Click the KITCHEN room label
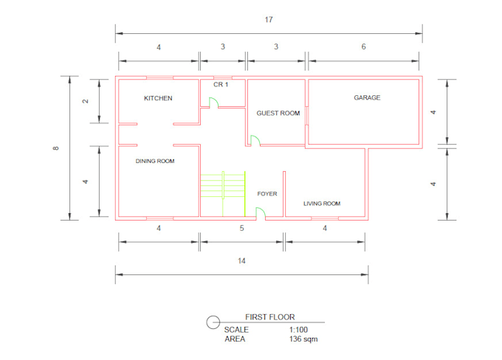click(x=158, y=98)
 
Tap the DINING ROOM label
click(x=155, y=161)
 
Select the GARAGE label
click(x=367, y=97)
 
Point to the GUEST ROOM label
click(x=278, y=113)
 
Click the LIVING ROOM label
click(x=322, y=204)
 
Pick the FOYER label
click(x=267, y=194)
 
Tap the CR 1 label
click(x=221, y=85)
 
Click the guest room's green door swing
click(x=255, y=139)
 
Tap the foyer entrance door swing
click(x=261, y=213)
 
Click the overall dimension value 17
click(x=269, y=19)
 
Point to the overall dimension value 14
click(x=241, y=261)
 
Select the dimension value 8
click(x=56, y=148)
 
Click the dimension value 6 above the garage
click(x=363, y=46)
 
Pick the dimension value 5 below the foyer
click(x=241, y=228)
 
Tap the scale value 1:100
click(x=298, y=329)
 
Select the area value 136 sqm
click(x=303, y=339)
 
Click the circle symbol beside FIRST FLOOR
click(x=212, y=321)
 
